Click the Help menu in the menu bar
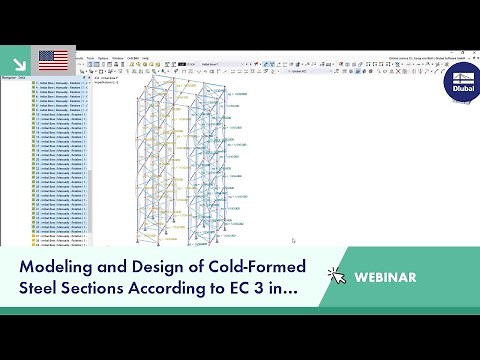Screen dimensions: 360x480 click(146, 58)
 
